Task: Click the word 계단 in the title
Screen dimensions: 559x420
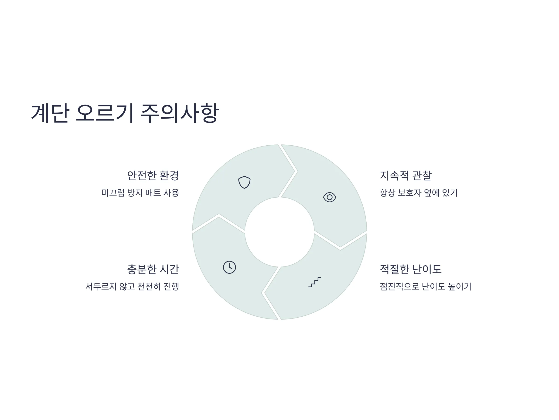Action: [50, 113]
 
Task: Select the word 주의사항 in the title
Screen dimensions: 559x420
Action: [179, 113]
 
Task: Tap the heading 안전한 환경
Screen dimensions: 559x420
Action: [153, 175]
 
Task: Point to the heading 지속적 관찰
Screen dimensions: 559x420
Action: [406, 175]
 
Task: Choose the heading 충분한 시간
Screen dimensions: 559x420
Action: [153, 269]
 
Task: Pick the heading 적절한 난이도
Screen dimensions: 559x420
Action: [411, 269]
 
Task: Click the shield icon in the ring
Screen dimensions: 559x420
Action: [244, 182]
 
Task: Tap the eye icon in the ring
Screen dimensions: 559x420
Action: [330, 197]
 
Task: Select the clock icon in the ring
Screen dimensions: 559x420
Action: [229, 267]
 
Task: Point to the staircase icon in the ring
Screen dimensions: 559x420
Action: [315, 282]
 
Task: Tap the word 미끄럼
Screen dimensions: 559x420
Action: [113, 193]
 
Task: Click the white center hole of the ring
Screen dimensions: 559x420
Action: [279, 232]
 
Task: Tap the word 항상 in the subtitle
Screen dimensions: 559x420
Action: [387, 193]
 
